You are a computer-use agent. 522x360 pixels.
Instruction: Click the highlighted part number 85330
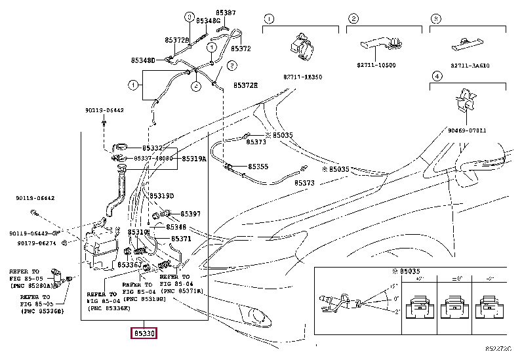point(144,334)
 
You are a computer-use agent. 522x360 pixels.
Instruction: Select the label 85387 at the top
point(226,12)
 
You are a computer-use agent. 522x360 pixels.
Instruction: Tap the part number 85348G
point(208,21)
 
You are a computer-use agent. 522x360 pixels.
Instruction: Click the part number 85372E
point(246,85)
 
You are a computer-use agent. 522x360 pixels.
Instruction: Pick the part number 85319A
point(194,159)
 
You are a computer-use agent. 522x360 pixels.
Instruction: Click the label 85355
point(258,167)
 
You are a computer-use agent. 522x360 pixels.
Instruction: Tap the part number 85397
point(190,214)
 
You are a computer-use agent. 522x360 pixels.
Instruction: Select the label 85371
point(181,239)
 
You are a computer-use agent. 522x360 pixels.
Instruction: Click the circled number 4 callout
point(433,76)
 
